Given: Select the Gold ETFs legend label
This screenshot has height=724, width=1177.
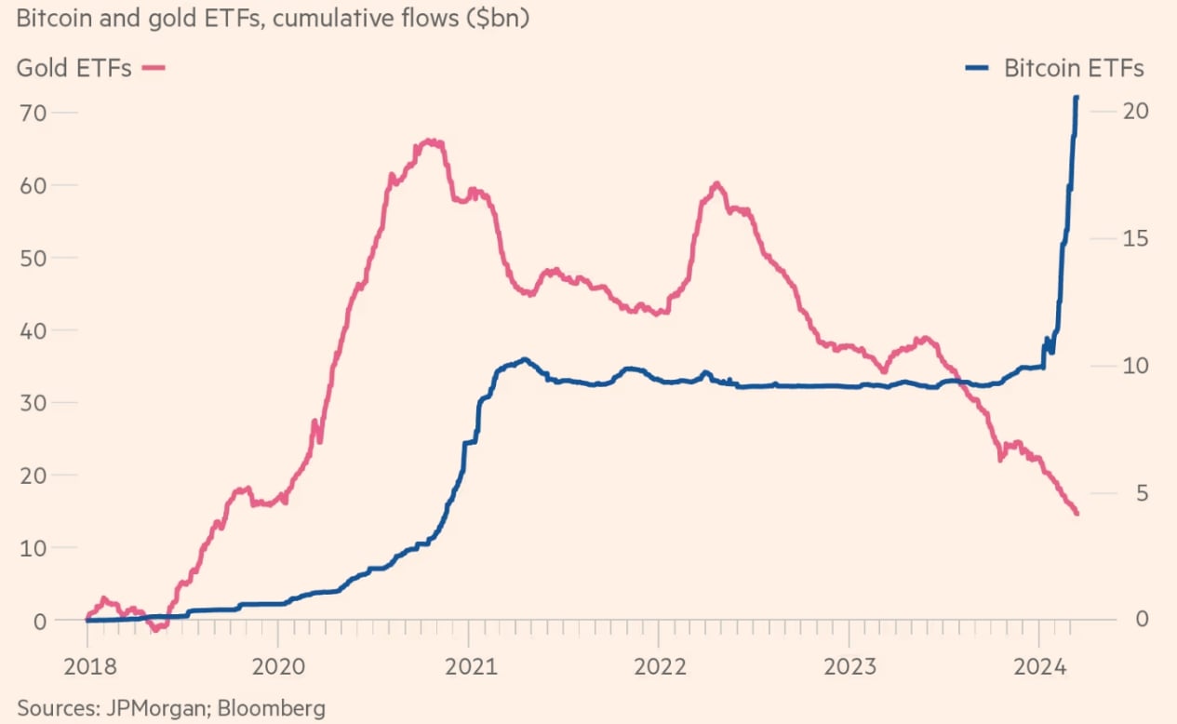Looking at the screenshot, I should tap(74, 68).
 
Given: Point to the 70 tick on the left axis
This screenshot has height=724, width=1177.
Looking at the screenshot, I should tap(33, 112).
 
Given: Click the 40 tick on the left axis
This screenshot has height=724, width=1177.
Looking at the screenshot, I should tap(33, 329).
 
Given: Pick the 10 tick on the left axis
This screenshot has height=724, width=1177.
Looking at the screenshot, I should tap(33, 547).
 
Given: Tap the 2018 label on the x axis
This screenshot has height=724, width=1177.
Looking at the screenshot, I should tap(87, 666).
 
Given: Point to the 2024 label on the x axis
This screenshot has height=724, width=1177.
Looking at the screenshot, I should tap(1039, 666).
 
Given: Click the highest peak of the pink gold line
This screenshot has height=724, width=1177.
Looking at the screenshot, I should tap(430, 141).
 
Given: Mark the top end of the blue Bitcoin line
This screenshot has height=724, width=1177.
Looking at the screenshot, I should tap(1077, 98).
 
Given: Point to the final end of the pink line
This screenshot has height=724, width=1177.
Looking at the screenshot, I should tap(1077, 513).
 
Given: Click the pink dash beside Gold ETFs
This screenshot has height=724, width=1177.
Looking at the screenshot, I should tap(154, 68).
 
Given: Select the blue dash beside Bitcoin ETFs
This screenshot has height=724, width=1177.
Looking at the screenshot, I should tap(980, 68).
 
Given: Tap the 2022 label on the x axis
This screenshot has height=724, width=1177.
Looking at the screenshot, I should tap(659, 666).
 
